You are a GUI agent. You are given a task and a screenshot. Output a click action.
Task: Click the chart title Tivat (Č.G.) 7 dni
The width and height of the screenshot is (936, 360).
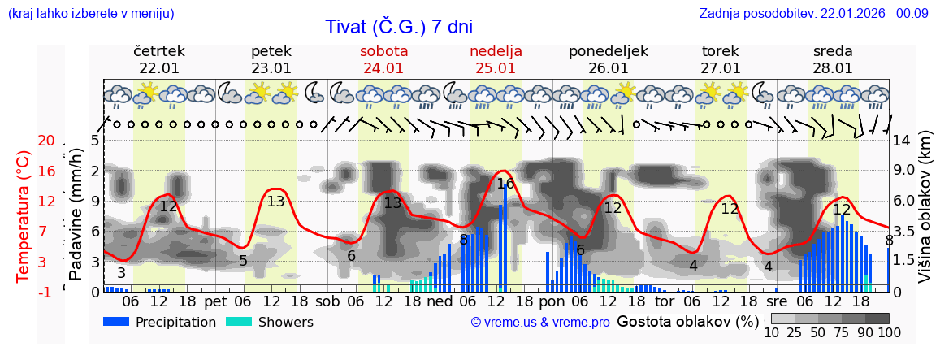tap(398, 27)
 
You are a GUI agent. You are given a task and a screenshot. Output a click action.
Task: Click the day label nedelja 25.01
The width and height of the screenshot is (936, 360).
tap(496, 59)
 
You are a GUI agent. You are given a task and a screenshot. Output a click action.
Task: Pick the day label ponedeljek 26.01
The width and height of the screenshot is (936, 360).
tap(609, 59)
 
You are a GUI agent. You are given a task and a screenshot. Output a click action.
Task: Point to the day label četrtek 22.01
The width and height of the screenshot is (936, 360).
tap(159, 59)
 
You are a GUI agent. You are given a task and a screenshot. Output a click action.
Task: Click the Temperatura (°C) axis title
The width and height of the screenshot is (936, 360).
tap(24, 216)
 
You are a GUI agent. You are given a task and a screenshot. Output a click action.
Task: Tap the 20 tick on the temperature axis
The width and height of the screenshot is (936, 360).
tap(46, 141)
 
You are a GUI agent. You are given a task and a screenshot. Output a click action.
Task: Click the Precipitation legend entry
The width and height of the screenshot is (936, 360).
tap(159, 322)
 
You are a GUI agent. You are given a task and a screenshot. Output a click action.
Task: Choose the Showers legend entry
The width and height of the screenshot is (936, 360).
tap(269, 322)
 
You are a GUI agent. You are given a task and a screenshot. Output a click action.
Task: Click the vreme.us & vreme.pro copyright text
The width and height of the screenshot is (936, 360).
tap(540, 323)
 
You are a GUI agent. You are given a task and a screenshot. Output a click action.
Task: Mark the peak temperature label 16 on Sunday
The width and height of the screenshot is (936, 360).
tap(505, 184)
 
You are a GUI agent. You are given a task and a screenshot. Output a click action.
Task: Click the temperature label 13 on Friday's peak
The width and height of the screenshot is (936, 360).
tap(275, 202)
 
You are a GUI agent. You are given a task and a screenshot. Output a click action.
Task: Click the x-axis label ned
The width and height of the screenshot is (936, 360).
tap(440, 301)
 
